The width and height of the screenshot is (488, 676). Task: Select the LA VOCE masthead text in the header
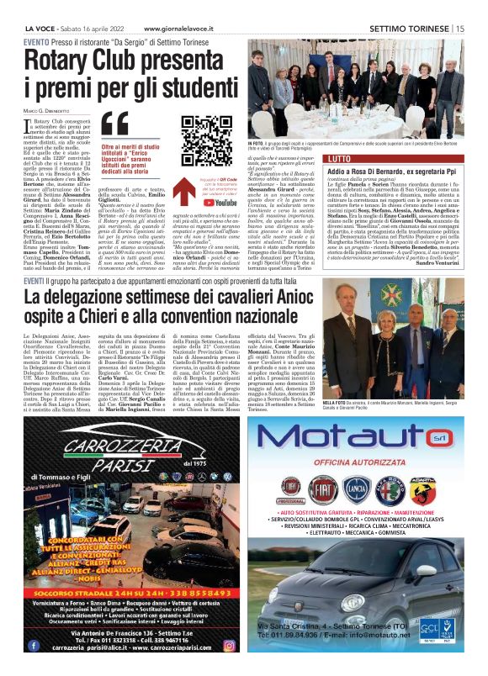click(x=39, y=29)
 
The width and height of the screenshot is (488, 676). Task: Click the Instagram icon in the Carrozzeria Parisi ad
click(x=228, y=645)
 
